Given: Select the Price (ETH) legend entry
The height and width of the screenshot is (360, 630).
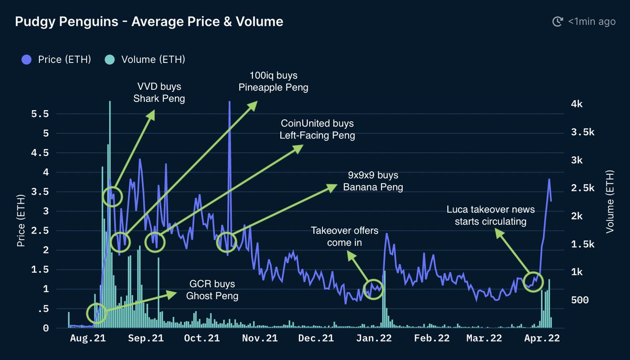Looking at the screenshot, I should click(x=57, y=59).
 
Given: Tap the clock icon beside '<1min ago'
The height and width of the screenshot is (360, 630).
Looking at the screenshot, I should click(x=557, y=22).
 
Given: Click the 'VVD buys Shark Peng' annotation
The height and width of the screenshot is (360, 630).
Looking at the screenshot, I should click(x=160, y=92).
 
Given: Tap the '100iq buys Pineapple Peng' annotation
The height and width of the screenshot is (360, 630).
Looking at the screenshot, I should click(x=273, y=81).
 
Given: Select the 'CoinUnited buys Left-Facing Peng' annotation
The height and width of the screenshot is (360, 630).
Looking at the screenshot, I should click(x=318, y=130).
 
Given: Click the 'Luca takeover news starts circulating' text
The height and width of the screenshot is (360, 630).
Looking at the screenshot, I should click(x=490, y=216).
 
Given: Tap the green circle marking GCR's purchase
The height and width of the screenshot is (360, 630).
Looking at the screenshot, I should click(x=97, y=313).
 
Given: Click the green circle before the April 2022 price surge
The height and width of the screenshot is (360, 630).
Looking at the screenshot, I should click(x=533, y=281).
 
